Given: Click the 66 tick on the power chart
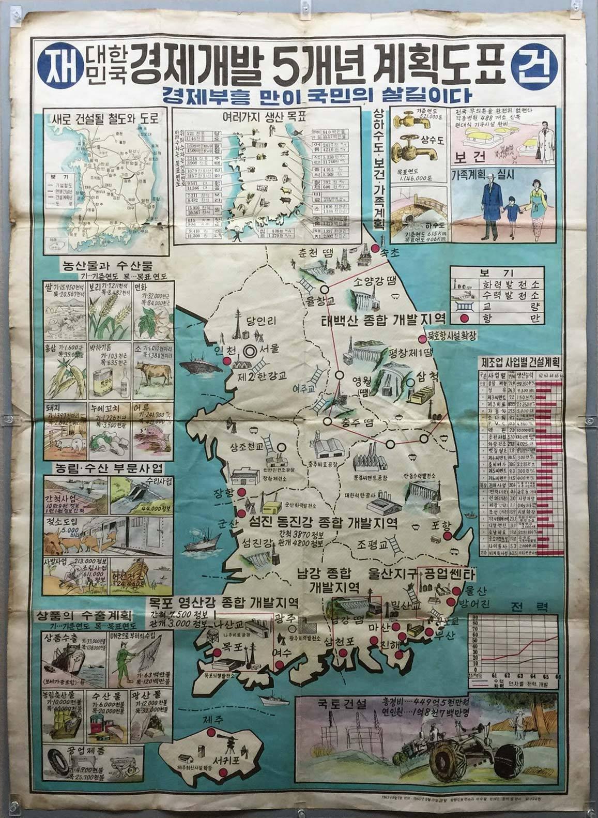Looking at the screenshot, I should coord(557,676).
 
